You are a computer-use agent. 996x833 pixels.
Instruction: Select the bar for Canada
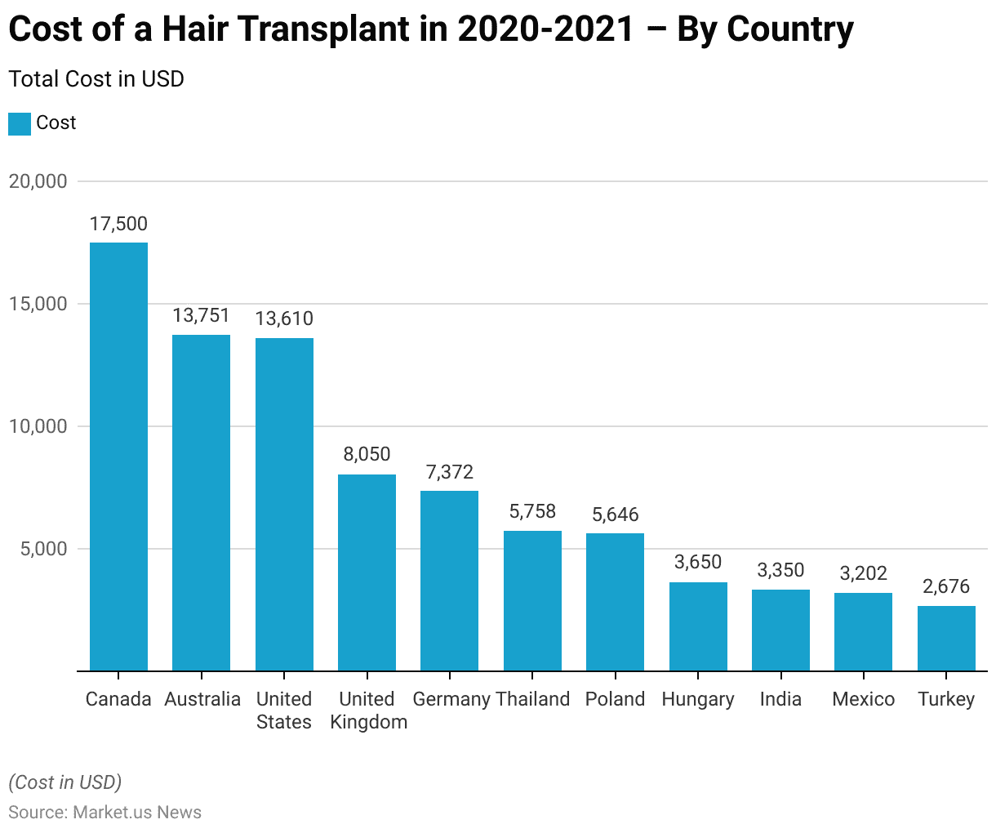(118, 457)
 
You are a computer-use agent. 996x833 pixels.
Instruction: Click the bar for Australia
(202, 503)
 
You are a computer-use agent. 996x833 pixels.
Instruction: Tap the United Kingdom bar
(367, 572)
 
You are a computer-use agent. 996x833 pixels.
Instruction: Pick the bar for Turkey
(946, 638)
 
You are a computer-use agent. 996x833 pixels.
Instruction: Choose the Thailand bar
(532, 601)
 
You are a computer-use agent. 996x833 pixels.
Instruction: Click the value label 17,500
(118, 224)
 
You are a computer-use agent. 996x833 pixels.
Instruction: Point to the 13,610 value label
(284, 318)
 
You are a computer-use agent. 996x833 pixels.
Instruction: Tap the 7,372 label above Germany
(450, 472)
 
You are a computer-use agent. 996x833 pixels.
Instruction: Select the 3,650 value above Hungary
(698, 562)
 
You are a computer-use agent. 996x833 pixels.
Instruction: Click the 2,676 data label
(946, 586)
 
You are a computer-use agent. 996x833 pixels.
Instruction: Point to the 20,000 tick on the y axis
(38, 181)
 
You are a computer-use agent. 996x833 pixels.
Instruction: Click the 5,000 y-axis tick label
(42, 549)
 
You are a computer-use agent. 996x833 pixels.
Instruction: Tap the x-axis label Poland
(615, 699)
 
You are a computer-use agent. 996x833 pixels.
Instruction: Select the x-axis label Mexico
(864, 699)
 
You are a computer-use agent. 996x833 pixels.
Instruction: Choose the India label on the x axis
(780, 699)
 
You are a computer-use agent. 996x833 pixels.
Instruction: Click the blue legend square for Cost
(20, 123)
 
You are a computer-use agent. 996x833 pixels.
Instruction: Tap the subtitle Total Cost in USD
(96, 79)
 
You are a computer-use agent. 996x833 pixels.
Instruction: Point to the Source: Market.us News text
(105, 813)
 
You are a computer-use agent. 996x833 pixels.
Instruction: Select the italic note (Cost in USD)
(65, 782)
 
